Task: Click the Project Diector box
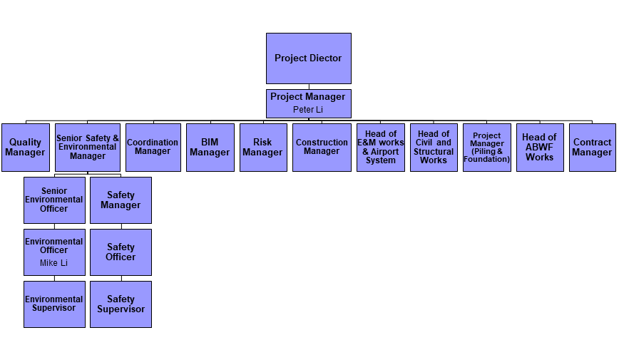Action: coord(308,58)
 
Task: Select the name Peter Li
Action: coord(308,110)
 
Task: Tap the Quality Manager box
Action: coord(26,148)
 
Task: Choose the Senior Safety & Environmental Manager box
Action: coord(87,148)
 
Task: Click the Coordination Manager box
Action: coord(153,148)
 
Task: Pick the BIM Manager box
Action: coord(210,148)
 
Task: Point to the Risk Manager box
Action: coord(262,148)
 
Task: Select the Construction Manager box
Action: coord(322,148)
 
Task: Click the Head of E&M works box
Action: coord(380,148)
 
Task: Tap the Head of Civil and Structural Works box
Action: coord(434,148)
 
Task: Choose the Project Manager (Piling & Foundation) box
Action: coord(486,148)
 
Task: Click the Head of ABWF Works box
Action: coord(539,148)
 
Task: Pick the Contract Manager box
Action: coord(592,148)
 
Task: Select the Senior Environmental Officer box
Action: coord(54,200)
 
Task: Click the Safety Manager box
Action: coord(121,200)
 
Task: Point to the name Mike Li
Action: coord(54,263)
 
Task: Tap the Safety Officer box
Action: coord(121,252)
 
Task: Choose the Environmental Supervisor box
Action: coord(54,304)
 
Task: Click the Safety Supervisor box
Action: coord(121,304)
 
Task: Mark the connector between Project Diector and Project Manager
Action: coord(308,86)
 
